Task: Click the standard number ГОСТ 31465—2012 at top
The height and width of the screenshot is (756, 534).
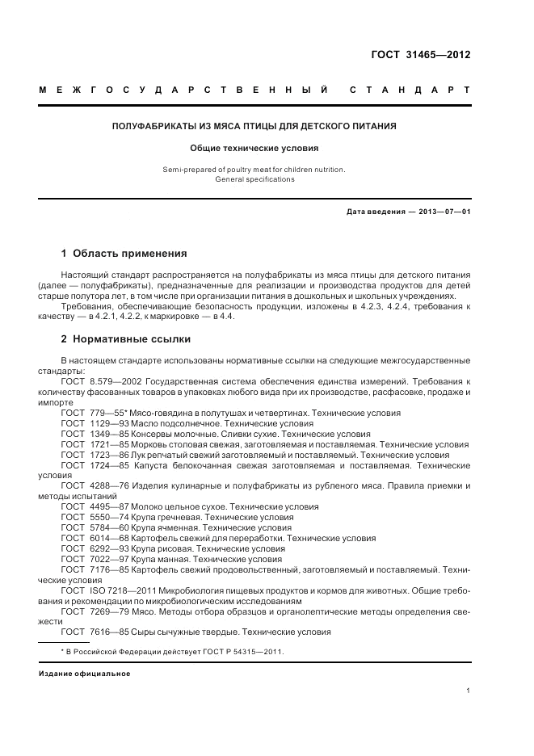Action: pyautogui.click(x=420, y=56)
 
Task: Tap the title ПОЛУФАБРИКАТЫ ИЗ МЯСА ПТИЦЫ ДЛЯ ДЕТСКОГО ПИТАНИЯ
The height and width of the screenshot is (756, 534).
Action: pyautogui.click(x=254, y=126)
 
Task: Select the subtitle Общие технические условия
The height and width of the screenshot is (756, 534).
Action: pyautogui.click(x=254, y=149)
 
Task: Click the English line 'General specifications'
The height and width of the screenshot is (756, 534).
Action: pyautogui.click(x=254, y=179)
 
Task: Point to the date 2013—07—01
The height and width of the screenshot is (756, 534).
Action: pyautogui.click(x=444, y=212)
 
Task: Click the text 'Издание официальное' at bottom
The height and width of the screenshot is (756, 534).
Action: pyautogui.click(x=85, y=674)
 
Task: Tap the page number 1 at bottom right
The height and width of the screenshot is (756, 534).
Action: pyautogui.click(x=468, y=690)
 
